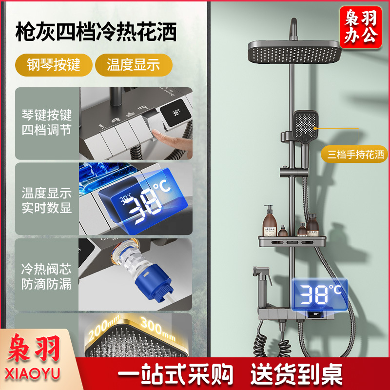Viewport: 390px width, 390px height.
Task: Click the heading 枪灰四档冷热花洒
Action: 96,32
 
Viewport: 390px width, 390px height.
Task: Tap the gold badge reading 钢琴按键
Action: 54,65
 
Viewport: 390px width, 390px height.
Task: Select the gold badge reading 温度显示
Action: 134,65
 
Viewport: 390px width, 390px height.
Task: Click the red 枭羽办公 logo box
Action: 360,27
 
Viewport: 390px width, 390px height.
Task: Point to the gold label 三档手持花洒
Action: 355,155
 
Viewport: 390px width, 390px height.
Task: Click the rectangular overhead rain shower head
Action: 294,52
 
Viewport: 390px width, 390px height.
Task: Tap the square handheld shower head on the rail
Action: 306,126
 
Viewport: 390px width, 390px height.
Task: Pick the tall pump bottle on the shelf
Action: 270,220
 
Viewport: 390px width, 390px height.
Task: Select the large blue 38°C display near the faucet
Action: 320,294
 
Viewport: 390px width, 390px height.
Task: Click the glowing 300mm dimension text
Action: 158,328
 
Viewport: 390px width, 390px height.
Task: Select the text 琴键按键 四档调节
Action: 46,122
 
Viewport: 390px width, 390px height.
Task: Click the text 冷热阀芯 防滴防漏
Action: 46,276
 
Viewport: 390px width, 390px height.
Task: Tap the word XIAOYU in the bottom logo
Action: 33,373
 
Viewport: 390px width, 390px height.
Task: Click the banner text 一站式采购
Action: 175,374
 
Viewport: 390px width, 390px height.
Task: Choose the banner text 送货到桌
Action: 296,374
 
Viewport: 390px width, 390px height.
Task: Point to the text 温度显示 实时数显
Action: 46,200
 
